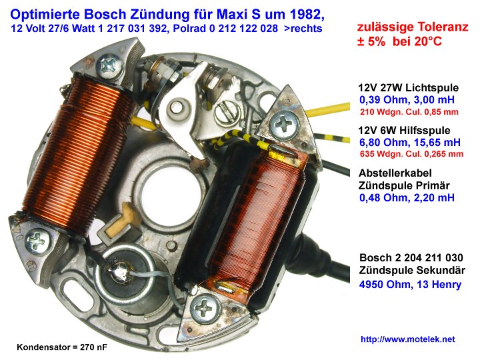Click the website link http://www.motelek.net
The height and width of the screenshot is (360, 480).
(407, 339)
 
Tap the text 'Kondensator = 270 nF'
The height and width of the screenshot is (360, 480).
(62, 347)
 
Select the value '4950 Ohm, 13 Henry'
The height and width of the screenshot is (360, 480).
(410, 285)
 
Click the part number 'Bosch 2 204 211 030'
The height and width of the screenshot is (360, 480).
(411, 257)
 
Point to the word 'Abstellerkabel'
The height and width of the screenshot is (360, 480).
(395, 173)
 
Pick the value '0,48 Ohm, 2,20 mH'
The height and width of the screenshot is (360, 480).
(407, 198)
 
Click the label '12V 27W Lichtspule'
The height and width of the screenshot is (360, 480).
(409, 88)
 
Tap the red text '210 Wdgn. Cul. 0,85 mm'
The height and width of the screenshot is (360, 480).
(409, 112)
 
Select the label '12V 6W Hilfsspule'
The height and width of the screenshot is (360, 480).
(404, 131)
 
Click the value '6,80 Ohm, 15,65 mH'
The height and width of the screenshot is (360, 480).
(410, 143)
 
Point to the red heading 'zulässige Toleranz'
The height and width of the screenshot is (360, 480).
(413, 27)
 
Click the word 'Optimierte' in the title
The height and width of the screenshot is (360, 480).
(45, 15)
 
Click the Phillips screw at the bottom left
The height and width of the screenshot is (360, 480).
(37, 241)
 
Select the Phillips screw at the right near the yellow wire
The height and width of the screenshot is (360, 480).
(284, 125)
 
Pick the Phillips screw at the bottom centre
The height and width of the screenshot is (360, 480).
(205, 308)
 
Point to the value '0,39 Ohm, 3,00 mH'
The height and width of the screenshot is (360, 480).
(407, 100)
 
